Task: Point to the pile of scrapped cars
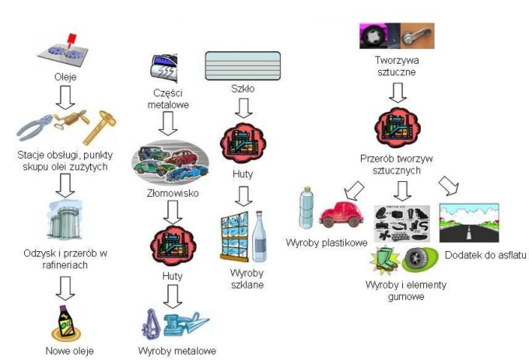click(x=170, y=161)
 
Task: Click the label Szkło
click(x=243, y=88)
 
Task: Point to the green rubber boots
click(x=386, y=258)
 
